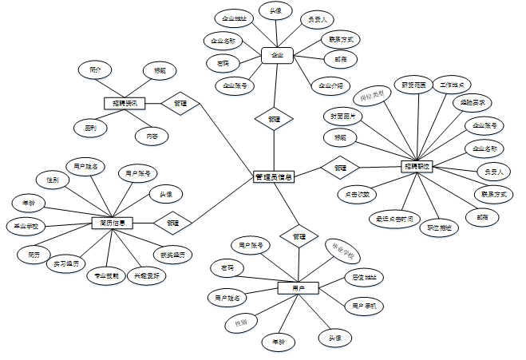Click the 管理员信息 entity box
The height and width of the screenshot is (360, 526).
coord(274,176)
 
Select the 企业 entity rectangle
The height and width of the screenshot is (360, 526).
coord(278,55)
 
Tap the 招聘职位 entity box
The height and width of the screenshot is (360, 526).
coord(416,167)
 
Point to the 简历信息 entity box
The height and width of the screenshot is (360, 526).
coord(113,223)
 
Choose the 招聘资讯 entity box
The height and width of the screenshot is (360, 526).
coord(124,102)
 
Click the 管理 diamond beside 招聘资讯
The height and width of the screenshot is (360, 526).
coord(180,102)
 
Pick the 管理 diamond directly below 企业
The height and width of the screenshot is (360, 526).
coord(274,119)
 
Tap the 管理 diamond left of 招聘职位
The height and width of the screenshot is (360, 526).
coord(341,168)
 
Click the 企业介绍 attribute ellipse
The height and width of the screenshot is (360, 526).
coord(330,85)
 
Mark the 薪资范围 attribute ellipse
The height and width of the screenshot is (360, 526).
coord(413,84)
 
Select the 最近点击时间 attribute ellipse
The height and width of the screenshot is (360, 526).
coord(394,218)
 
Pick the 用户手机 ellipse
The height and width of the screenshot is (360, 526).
coord(364,305)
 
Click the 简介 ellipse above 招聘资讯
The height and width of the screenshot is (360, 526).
coord(95,70)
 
